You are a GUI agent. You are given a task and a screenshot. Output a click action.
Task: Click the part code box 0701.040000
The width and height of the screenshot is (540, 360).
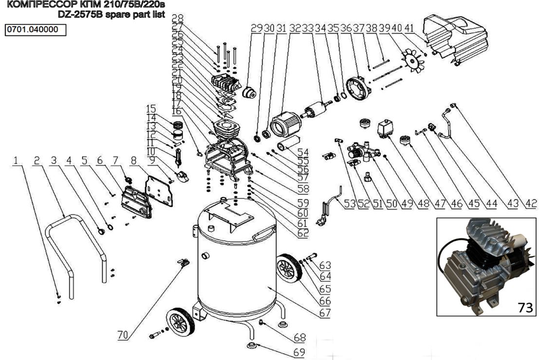tap(35, 29)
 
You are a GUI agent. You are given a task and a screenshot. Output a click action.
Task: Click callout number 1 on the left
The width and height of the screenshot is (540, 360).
tap(18, 160)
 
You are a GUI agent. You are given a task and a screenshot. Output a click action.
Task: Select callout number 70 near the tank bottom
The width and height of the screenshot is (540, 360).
tap(124, 335)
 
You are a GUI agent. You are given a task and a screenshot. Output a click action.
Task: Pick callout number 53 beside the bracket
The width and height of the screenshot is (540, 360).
tap(349, 204)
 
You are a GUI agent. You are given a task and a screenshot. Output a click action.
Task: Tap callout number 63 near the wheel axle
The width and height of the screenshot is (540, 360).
tap(325, 265)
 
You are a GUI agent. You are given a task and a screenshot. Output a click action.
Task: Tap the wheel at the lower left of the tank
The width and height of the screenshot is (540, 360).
tap(180, 322)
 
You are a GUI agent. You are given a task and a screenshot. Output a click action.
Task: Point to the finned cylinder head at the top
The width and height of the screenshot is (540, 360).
tap(226, 84)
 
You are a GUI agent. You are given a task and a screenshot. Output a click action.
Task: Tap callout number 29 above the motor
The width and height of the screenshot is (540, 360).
tap(256, 29)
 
